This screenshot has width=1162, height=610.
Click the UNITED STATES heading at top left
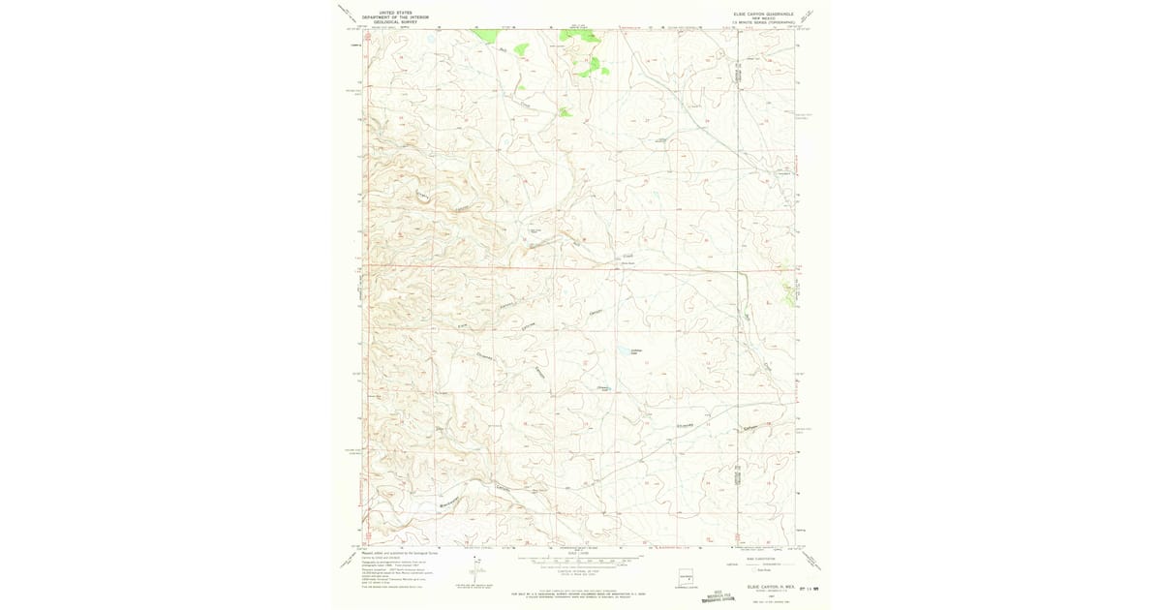point(382,13)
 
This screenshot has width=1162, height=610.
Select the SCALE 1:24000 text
point(579,553)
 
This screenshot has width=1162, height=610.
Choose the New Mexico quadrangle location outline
point(686,578)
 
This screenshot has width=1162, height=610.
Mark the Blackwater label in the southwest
point(446,503)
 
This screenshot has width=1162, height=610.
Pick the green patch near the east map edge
point(787,288)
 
